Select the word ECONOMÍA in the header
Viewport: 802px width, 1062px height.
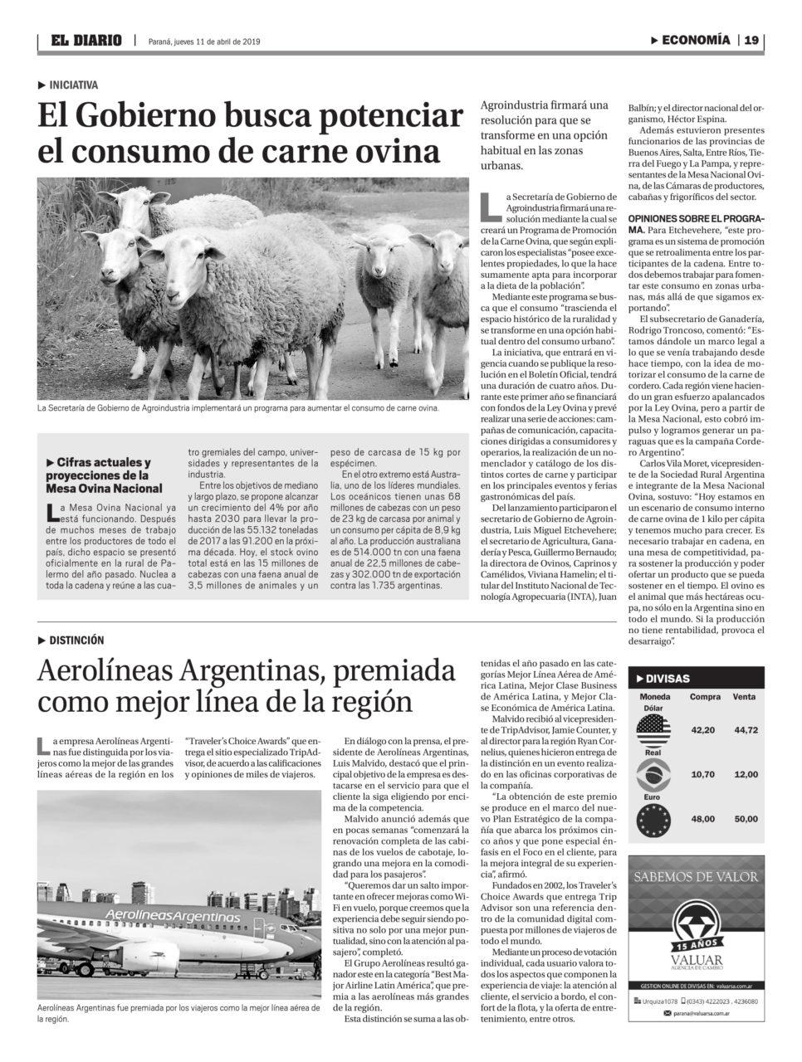point(696,40)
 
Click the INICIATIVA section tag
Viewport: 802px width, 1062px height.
point(73,85)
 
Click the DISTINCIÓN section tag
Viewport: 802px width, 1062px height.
point(76,640)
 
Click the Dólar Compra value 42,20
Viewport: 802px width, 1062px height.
point(703,730)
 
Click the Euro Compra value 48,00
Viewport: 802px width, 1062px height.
point(703,819)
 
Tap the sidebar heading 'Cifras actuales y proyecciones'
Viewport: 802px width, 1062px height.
point(104,475)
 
